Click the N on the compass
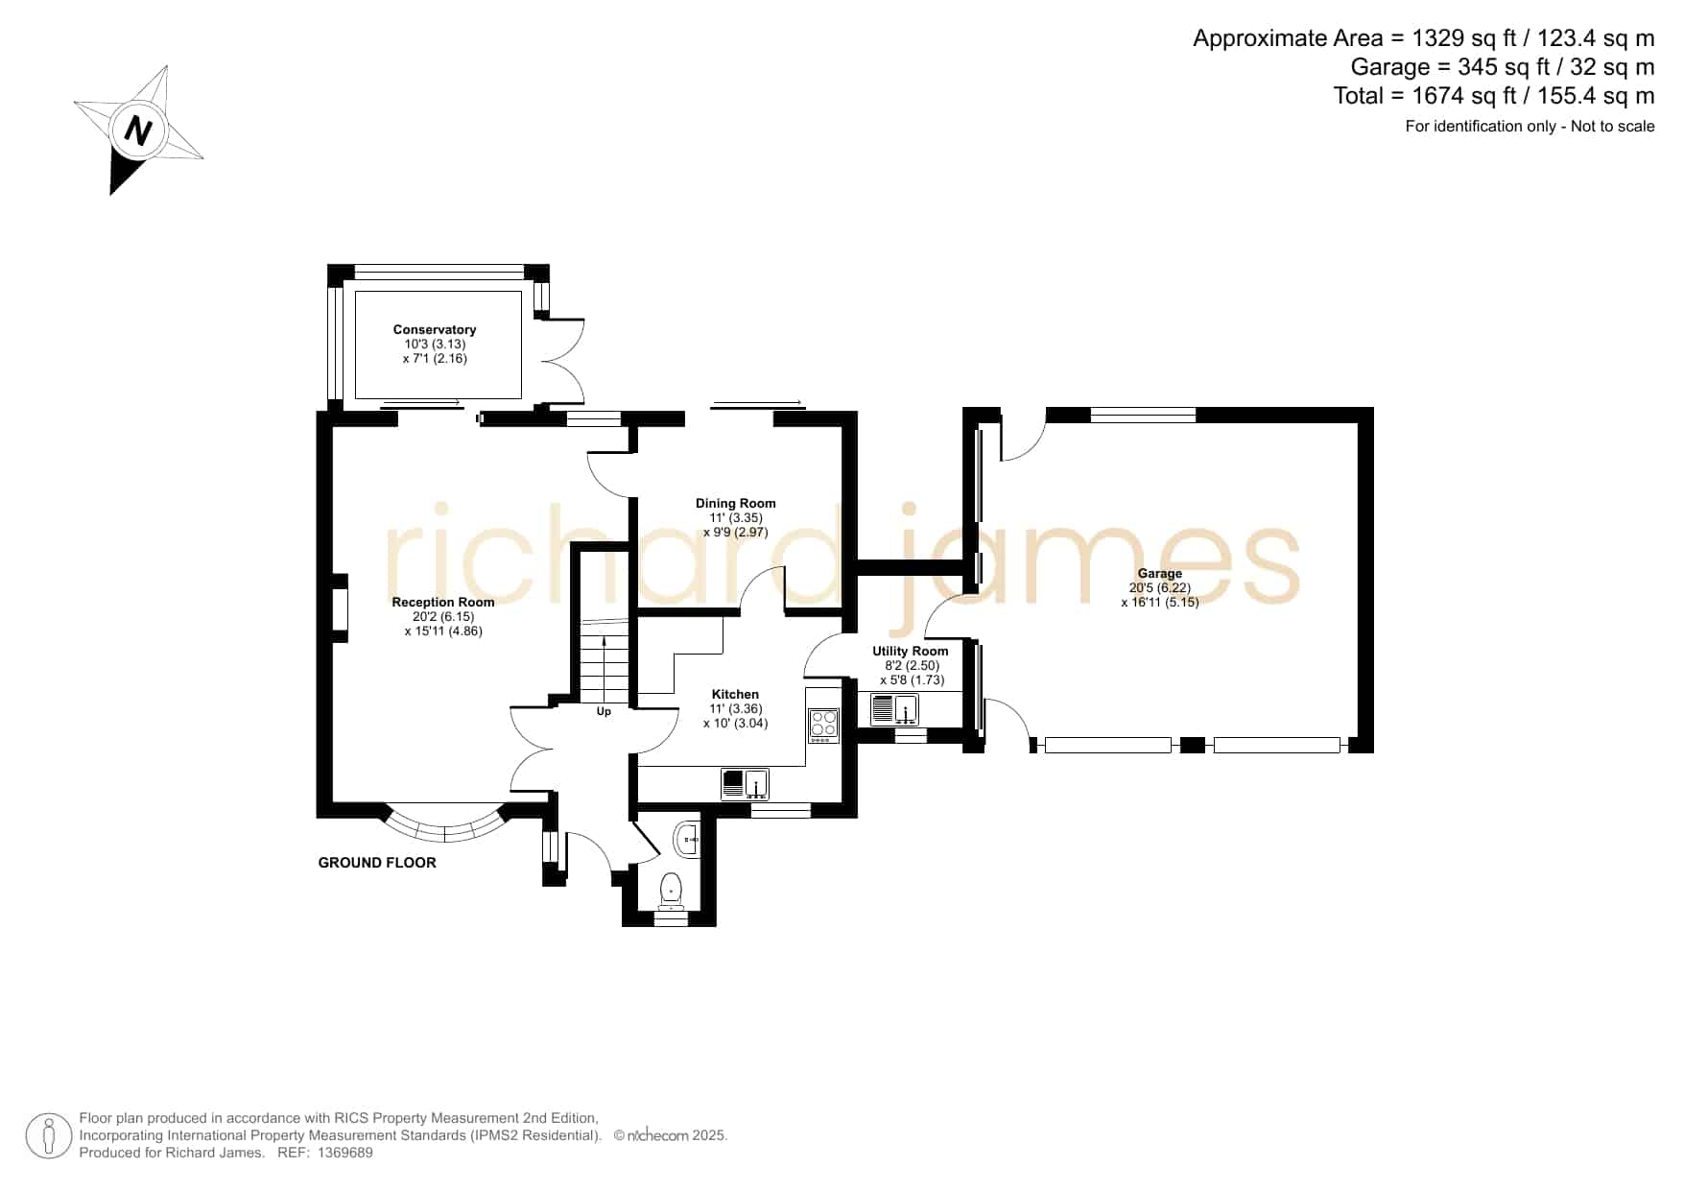coord(139,131)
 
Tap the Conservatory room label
coord(435,329)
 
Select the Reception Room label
coord(443,602)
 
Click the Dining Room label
coord(736,503)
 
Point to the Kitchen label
coord(735,694)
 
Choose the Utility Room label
coord(911,651)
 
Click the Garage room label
coord(1160,573)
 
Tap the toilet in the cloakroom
coord(671,890)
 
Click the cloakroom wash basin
coord(689,840)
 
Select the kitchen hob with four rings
coord(823,725)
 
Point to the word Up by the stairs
coord(604,711)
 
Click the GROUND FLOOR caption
coord(377,863)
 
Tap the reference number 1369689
coord(344,1153)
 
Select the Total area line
coord(1494,96)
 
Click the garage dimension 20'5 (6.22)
coord(1160,587)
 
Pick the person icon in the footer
coord(49,1135)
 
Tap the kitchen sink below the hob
coord(746,784)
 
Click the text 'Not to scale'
coord(1613,126)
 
